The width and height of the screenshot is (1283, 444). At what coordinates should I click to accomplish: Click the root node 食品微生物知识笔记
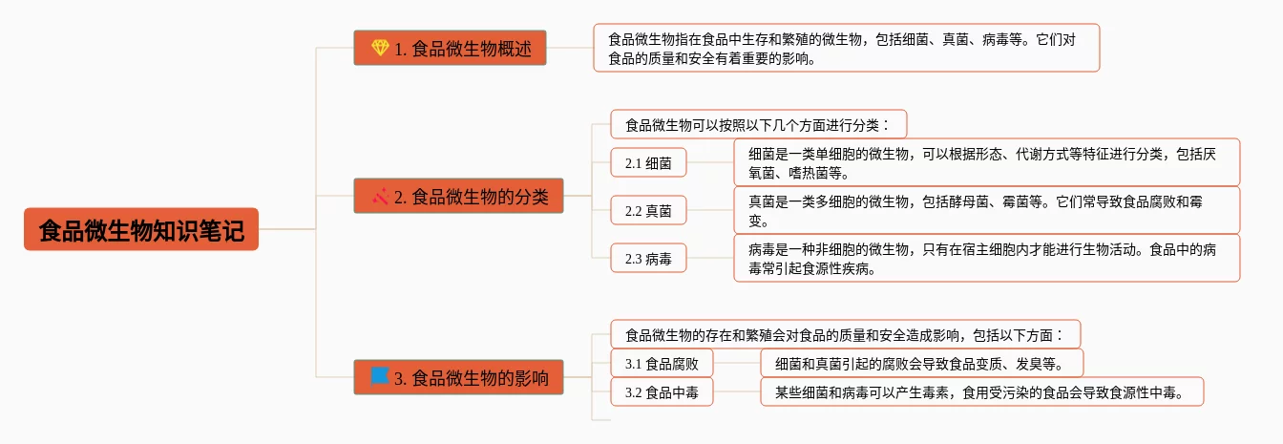click(141, 229)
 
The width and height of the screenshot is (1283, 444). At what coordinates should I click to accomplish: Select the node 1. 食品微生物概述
click(450, 48)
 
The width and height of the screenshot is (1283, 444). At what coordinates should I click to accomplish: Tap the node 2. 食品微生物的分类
click(458, 197)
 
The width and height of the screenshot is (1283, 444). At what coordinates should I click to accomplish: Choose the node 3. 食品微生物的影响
click(458, 377)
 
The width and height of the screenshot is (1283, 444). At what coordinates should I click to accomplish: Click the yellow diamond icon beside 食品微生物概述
click(380, 48)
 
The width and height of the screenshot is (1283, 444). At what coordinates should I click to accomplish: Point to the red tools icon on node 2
click(380, 197)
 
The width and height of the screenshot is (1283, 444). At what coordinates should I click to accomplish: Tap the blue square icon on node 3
click(380, 376)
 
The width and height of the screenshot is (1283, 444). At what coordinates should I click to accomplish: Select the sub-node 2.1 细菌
click(648, 162)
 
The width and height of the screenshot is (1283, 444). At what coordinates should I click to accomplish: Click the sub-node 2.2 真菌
click(648, 210)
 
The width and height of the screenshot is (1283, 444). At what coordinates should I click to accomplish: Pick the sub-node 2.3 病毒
click(648, 258)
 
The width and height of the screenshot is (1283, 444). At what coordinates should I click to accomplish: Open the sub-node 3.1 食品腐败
click(662, 363)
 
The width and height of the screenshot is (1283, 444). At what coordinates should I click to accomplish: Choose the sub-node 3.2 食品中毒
click(662, 391)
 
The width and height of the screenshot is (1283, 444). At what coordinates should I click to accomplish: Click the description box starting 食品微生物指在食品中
click(846, 48)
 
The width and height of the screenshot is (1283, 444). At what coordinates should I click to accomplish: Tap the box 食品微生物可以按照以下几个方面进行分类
click(758, 124)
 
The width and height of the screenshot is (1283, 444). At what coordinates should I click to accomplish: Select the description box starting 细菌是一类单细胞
click(986, 162)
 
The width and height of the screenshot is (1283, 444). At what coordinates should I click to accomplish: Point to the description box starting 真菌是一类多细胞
click(986, 210)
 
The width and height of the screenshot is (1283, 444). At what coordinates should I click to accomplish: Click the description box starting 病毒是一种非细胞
click(986, 258)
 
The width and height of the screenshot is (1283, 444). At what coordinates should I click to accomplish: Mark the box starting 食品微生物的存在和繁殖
click(845, 334)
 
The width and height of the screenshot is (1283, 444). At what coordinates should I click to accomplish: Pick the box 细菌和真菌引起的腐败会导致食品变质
click(922, 363)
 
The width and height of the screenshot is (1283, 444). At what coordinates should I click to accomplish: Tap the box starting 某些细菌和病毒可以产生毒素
click(981, 391)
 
